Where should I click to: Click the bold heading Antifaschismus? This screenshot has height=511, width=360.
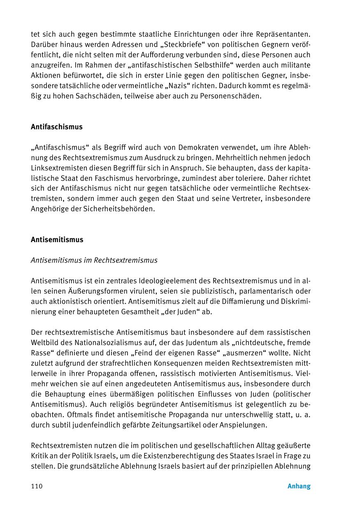pyautogui.click(x=57, y=127)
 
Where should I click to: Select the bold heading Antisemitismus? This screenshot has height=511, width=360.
pyautogui.click(x=57, y=240)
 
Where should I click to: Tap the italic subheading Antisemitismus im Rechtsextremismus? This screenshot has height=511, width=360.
pyautogui.click(x=94, y=260)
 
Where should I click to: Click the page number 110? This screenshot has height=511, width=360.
pyautogui.click(x=37, y=486)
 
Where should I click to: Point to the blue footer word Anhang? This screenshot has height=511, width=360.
pyautogui.click(x=299, y=486)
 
